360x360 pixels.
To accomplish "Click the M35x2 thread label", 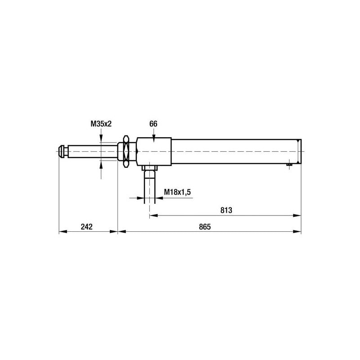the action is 101,124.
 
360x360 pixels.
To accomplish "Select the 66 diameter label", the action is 153,124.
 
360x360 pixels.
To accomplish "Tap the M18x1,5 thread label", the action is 177,192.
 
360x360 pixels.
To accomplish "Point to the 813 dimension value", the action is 226,210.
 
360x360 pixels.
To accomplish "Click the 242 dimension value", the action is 86,227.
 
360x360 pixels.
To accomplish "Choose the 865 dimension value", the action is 205,227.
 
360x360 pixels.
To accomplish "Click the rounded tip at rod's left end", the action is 62,151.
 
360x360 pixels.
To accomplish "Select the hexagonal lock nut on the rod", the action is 126,151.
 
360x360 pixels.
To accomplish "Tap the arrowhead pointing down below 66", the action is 154,139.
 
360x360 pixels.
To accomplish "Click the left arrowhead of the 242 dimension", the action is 63,231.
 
